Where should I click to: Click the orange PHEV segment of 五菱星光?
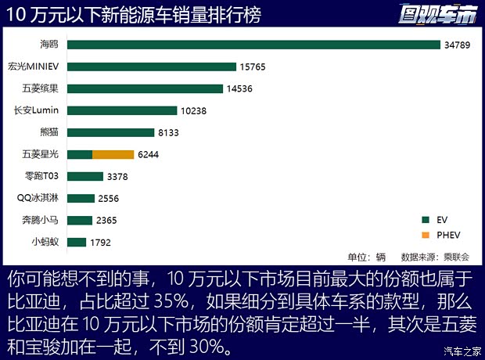[x=113, y=154]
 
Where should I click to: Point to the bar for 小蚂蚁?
[x=77, y=242]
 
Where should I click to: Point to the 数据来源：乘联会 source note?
[x=435, y=257]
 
